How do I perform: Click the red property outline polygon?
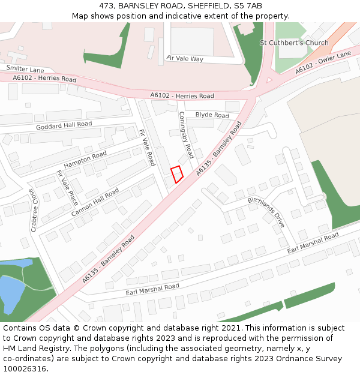tap(177, 174)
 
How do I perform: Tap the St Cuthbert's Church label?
tap(294, 43)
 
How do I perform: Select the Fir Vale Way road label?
tap(185, 59)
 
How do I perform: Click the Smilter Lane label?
tap(25, 70)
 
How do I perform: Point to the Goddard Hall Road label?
tap(64, 125)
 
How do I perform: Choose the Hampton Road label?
tap(85, 159)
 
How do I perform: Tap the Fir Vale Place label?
tap(67, 187)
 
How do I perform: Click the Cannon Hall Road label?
tap(95, 202)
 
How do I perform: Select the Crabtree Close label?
tap(33, 211)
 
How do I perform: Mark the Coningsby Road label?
tap(186, 135)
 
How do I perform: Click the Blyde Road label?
tap(212, 115)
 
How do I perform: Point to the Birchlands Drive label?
tap(266, 211)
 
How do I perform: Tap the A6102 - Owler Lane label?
tap(323, 63)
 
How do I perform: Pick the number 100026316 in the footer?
tap(25, 368)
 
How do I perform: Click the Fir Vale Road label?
tap(147, 148)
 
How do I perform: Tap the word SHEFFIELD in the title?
tap(206, 6)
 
